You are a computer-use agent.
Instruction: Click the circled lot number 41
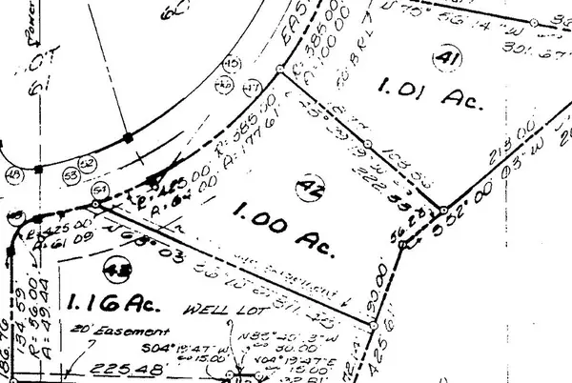point(440,59)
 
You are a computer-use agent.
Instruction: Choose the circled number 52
point(87,164)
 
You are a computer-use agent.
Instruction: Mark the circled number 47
point(253,89)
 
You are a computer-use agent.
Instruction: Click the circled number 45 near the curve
point(229,64)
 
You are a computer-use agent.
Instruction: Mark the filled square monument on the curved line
point(126,137)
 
